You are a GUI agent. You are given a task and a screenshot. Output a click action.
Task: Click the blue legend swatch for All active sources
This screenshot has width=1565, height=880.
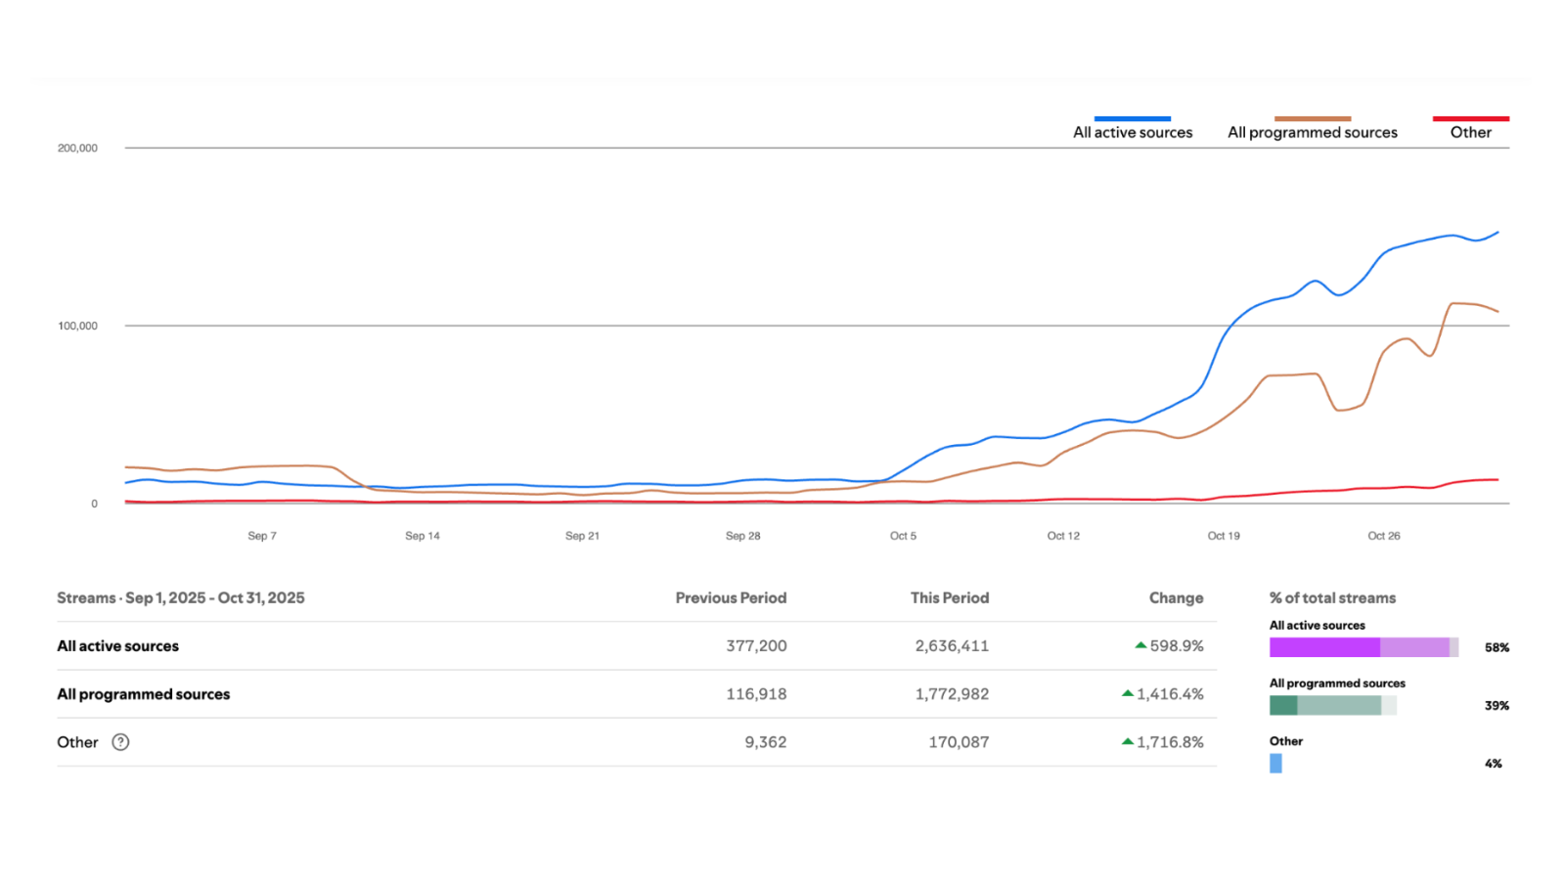pyautogui.click(x=1133, y=118)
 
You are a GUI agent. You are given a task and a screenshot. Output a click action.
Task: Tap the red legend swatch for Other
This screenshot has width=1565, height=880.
pyautogui.click(x=1471, y=118)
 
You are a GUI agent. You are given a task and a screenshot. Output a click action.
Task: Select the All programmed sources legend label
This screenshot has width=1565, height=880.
pyautogui.click(x=1312, y=133)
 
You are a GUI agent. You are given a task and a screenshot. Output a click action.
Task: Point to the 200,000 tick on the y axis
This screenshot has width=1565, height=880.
pyautogui.click(x=77, y=148)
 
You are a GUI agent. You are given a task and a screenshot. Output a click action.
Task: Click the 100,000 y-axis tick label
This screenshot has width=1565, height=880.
pyautogui.click(x=77, y=327)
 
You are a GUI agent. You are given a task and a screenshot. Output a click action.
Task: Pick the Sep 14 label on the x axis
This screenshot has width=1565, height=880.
pyautogui.click(x=422, y=536)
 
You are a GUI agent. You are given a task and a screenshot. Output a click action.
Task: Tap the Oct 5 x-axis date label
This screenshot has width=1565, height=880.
pyautogui.click(x=903, y=536)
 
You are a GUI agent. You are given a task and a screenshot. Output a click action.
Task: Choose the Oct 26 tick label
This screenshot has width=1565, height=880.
pyautogui.click(x=1383, y=536)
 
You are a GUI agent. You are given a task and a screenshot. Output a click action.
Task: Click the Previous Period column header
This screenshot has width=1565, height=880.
pyautogui.click(x=731, y=597)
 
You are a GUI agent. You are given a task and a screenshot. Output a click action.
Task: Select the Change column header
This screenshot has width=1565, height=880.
pyautogui.click(x=1176, y=597)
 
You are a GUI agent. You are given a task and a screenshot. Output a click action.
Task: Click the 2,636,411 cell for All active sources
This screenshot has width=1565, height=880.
pyautogui.click(x=952, y=646)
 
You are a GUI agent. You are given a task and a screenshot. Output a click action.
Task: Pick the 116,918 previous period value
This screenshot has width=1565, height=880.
pyautogui.click(x=756, y=694)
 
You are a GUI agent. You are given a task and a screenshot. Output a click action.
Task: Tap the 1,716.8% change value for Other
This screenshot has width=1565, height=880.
pyautogui.click(x=1170, y=742)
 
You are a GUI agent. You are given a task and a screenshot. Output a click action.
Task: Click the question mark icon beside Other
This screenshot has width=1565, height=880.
pyautogui.click(x=120, y=742)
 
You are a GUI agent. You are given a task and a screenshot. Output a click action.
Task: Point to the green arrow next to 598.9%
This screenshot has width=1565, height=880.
pyautogui.click(x=1140, y=645)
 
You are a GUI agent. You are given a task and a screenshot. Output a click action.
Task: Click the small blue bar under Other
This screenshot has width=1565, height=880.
pyautogui.click(x=1275, y=764)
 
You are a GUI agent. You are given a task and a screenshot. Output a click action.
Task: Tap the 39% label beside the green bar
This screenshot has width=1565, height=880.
pyautogui.click(x=1497, y=706)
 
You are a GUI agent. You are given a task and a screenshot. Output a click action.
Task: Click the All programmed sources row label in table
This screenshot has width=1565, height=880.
pyautogui.click(x=143, y=694)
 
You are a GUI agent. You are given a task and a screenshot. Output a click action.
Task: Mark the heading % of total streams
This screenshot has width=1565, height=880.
pyautogui.click(x=1332, y=597)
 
